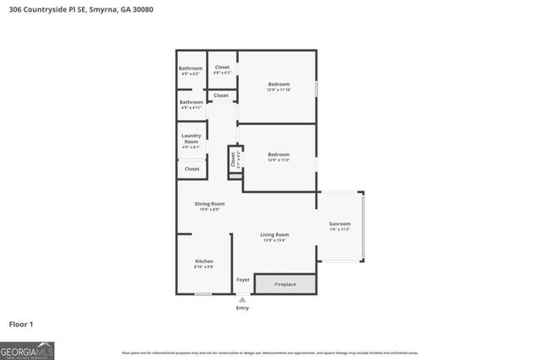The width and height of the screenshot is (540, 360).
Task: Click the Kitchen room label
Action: tap(204, 261)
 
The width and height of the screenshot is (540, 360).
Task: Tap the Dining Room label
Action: tap(209, 204)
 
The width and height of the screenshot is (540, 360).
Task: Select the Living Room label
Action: tap(274, 234)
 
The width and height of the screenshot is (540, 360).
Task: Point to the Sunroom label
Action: tap(339, 223)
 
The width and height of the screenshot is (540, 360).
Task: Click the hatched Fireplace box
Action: tap(285, 284)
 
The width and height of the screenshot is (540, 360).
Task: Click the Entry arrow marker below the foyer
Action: tap(243, 298)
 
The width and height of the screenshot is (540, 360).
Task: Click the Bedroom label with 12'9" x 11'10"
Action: tap(278, 84)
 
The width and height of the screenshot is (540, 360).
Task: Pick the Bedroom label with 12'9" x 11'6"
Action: tap(278, 154)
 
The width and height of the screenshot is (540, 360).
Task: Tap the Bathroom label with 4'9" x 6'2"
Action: tap(191, 68)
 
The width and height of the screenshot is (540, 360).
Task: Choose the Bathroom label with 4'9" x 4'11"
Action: tap(191, 102)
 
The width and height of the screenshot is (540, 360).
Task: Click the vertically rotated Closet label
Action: tap(234, 158)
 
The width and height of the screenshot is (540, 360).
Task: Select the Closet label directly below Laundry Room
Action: tap(192, 169)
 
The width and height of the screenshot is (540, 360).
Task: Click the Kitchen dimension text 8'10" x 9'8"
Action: tap(204, 267)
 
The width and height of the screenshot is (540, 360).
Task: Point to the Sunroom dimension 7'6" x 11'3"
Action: tap(339, 229)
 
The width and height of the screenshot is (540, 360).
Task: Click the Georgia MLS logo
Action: tap(27, 349)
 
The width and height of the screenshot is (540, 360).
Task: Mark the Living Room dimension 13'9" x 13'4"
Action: tap(274, 240)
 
